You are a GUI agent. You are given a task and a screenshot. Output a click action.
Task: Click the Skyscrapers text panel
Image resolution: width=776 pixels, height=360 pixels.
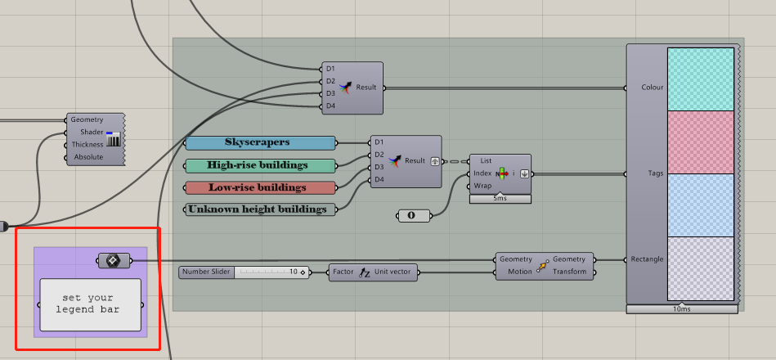[x=260, y=142]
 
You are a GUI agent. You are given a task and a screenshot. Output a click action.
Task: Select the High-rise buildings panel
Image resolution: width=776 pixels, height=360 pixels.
[x=260, y=165]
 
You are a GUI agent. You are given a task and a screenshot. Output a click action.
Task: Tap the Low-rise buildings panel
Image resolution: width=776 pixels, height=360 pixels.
[x=260, y=188]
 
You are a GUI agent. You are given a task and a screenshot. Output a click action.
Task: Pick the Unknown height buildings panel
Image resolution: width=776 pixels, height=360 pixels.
[x=260, y=209]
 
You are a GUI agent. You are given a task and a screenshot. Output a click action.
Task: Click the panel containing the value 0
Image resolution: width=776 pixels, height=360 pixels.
[x=415, y=216]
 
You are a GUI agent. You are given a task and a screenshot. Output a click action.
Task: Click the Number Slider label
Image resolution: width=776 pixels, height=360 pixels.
[x=206, y=272]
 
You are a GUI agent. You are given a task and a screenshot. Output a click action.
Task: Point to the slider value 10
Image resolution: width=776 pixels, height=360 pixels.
[x=294, y=272]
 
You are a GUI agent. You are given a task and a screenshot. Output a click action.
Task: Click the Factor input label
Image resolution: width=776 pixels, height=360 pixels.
[x=343, y=272]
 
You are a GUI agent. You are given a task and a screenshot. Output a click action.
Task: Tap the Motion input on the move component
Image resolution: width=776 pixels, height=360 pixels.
[x=519, y=272]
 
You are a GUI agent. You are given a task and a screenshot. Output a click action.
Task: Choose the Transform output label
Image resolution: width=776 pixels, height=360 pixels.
[x=569, y=272]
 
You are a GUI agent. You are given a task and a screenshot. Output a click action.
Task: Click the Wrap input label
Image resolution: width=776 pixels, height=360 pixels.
[x=482, y=187]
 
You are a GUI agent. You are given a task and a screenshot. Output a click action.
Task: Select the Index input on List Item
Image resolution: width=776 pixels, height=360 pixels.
[x=482, y=173]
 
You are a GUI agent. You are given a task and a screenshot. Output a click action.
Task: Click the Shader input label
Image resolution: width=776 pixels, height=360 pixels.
[x=92, y=133]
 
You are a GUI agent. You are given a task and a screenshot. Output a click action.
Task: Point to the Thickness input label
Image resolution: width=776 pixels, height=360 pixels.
[x=87, y=145]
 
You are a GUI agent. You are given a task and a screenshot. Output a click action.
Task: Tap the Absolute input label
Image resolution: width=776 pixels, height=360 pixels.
[x=88, y=157]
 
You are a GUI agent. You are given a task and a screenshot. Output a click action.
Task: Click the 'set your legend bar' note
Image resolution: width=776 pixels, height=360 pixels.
[x=91, y=304]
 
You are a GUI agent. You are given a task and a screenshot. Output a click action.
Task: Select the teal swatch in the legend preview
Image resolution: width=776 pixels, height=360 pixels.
[x=700, y=79]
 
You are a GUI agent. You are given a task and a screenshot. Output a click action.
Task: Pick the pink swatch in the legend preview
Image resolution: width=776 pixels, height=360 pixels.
[x=700, y=142]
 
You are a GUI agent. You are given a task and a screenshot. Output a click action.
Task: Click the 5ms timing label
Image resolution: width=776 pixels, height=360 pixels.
[x=500, y=199]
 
